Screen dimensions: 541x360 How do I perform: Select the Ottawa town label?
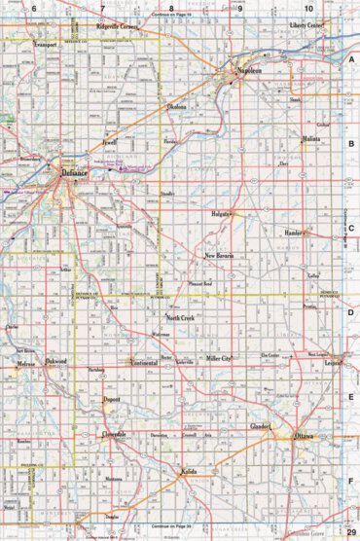click(304, 436)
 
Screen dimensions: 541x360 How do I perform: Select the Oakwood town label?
click(56, 362)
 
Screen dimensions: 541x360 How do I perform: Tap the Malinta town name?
click(310, 140)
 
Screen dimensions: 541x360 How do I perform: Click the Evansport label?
click(45, 46)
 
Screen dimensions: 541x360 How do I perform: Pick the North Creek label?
click(181, 318)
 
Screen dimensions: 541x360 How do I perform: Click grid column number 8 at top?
click(170, 8)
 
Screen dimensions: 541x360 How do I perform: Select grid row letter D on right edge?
click(351, 313)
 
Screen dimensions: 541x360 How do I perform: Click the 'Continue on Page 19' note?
click(172, 17)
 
